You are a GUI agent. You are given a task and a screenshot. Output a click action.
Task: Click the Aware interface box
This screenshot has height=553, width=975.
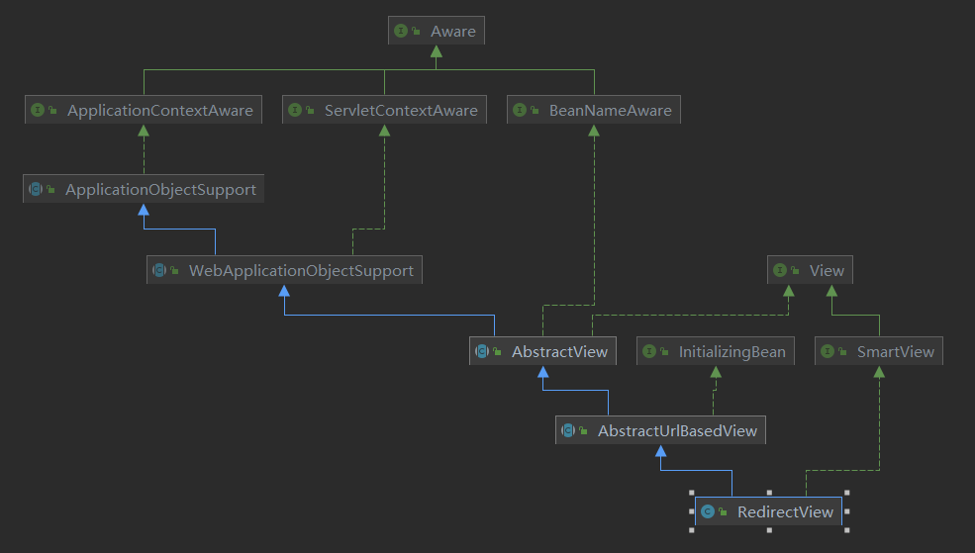point(437,31)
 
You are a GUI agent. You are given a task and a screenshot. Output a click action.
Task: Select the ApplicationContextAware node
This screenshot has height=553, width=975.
point(144,110)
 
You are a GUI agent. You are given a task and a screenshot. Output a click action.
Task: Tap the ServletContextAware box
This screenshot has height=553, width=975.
point(384,110)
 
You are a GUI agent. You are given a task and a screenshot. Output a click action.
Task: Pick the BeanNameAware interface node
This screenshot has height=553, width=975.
point(594,110)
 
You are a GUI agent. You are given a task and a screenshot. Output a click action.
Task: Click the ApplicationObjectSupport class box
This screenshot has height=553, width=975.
point(144,189)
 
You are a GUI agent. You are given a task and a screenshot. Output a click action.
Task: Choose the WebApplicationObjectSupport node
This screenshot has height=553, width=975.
point(284,270)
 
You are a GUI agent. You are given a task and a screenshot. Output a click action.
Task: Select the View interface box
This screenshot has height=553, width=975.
point(811,270)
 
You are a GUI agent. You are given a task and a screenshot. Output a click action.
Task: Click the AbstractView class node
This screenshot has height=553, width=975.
point(542,351)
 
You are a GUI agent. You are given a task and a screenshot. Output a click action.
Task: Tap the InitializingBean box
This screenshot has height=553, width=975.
point(716,351)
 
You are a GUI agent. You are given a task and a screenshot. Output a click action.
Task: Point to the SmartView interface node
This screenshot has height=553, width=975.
point(879,351)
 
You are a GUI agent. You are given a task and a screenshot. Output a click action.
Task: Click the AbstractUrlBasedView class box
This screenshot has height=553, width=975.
point(660,430)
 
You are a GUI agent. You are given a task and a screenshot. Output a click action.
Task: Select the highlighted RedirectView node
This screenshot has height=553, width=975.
point(768,511)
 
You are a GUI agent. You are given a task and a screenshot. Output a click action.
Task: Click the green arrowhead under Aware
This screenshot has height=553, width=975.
point(437,51)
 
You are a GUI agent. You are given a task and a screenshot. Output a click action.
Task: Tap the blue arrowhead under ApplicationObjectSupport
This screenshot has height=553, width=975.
point(144,210)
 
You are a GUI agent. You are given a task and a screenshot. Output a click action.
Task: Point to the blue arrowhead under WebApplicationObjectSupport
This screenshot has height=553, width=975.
point(284,291)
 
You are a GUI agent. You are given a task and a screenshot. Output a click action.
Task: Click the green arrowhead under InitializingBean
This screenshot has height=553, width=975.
point(716,372)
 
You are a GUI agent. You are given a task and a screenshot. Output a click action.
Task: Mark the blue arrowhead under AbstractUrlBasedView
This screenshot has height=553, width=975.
point(660,450)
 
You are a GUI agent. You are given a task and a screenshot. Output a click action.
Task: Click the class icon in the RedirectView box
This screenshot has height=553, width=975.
point(708,511)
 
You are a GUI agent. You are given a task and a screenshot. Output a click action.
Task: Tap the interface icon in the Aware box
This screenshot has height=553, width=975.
point(401,31)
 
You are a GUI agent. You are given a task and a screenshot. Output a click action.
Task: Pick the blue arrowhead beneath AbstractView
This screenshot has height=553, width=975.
point(542,372)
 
